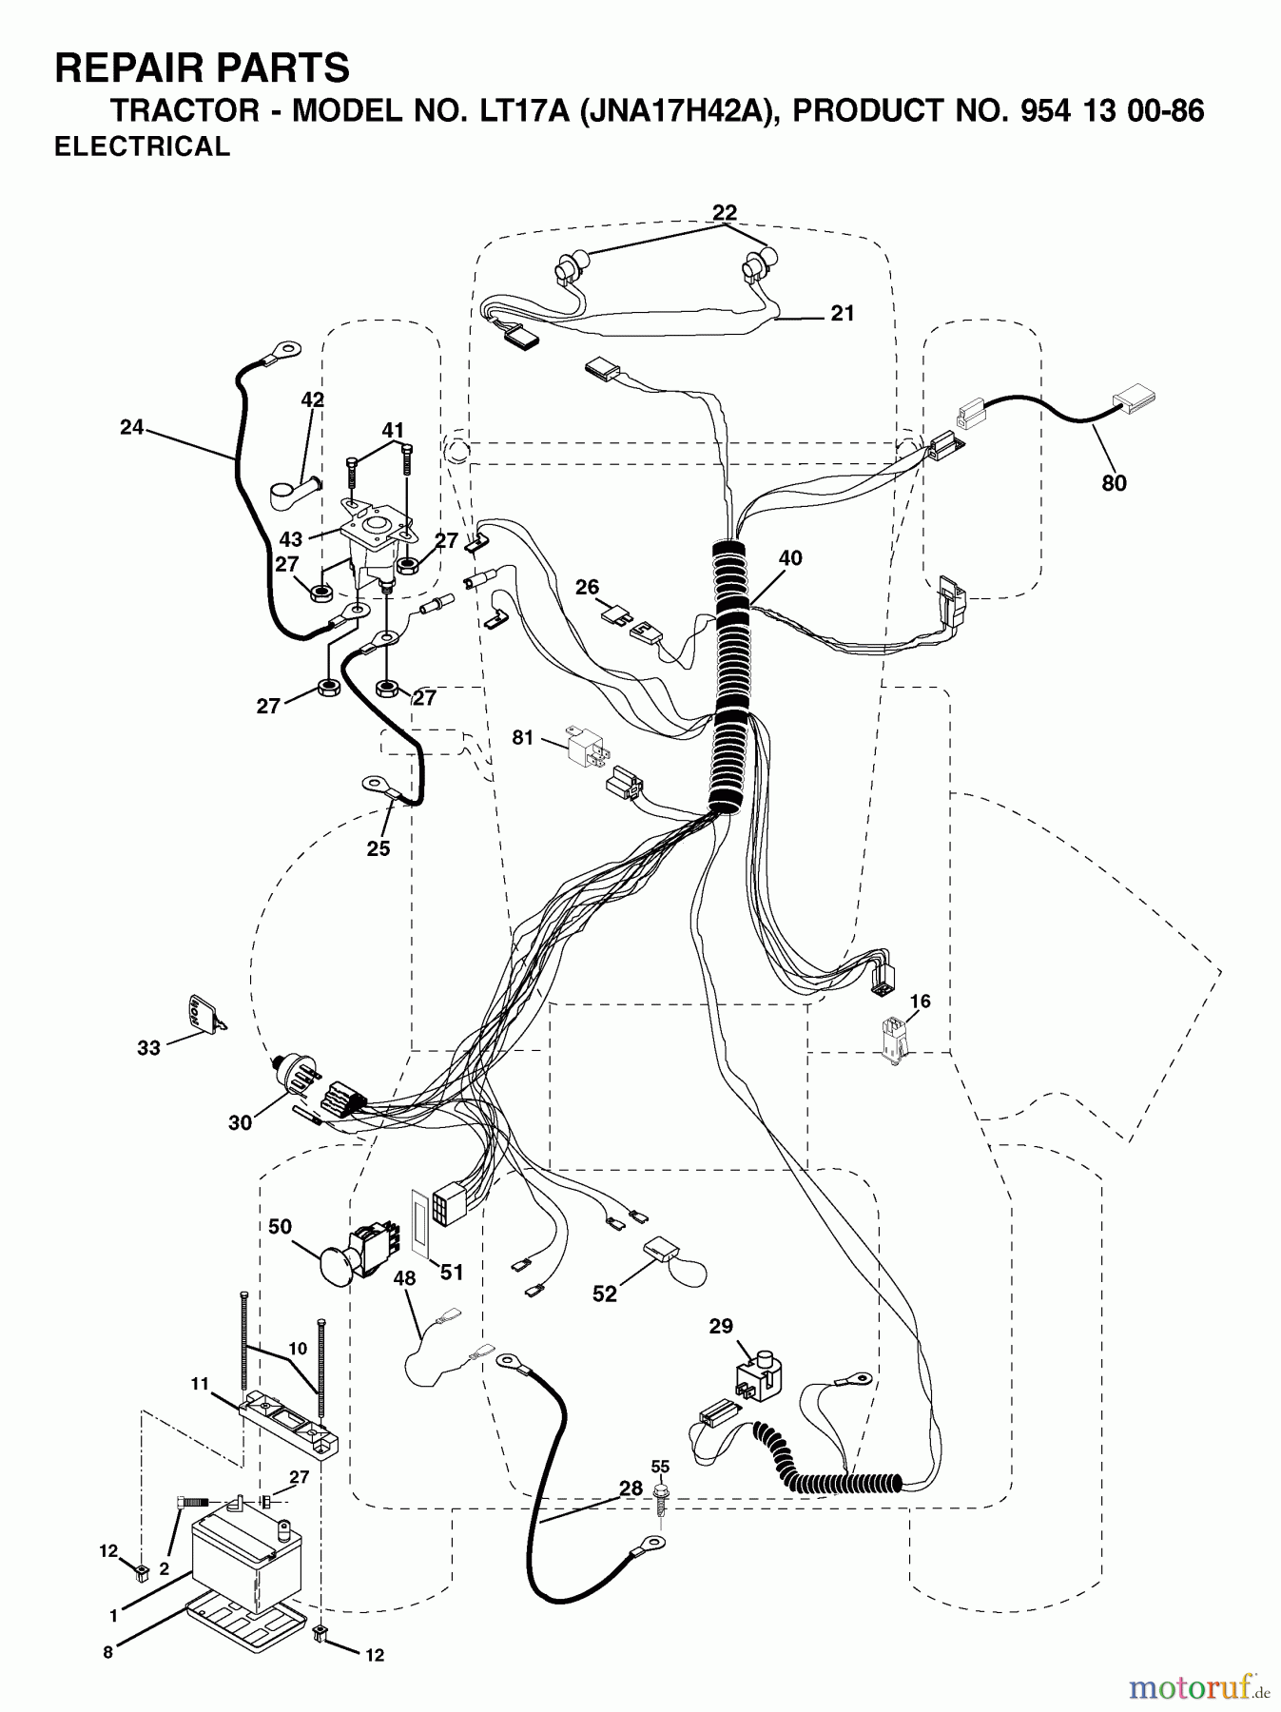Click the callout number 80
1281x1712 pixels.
coord(1114,483)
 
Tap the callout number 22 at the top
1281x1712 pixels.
coord(725,212)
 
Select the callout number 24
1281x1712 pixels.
coord(131,428)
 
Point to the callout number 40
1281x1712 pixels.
coord(790,558)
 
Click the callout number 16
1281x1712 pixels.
coord(920,1002)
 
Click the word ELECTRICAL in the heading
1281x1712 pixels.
coord(142,146)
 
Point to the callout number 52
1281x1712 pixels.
coord(605,1294)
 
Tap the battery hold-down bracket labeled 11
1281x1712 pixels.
coord(290,1423)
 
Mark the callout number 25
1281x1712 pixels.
coord(378,848)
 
